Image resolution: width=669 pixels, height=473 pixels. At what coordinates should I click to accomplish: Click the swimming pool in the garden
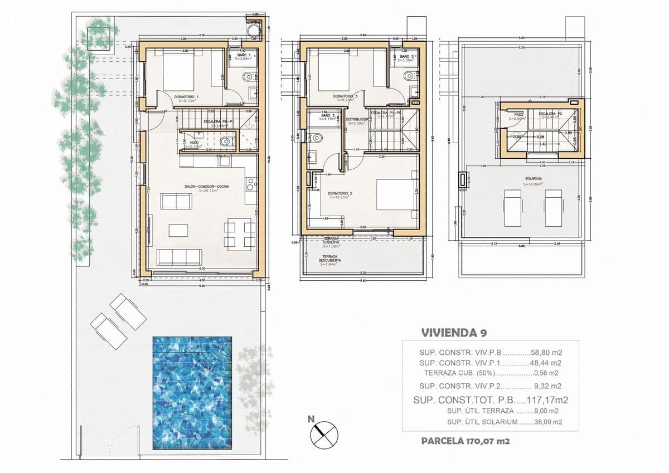(x=192, y=392)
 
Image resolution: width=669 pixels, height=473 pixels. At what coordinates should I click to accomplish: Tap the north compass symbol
(x=324, y=434)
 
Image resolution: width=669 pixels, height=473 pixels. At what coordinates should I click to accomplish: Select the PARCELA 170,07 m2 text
(x=466, y=441)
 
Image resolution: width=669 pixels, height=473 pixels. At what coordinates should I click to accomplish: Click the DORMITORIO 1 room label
(x=186, y=97)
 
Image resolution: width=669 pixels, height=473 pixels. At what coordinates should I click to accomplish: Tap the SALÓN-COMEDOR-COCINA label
(x=208, y=187)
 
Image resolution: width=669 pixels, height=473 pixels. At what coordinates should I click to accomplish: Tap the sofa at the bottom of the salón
(x=180, y=257)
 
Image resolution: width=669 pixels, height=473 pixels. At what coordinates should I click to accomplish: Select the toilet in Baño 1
(x=248, y=77)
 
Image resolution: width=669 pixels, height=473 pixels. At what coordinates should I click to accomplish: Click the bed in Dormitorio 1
(x=179, y=69)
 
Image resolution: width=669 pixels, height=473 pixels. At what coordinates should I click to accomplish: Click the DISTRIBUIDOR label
(x=356, y=119)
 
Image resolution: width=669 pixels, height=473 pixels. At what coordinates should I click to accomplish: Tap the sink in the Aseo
(x=226, y=142)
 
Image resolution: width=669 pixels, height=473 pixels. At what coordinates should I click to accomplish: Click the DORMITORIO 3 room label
(x=345, y=96)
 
